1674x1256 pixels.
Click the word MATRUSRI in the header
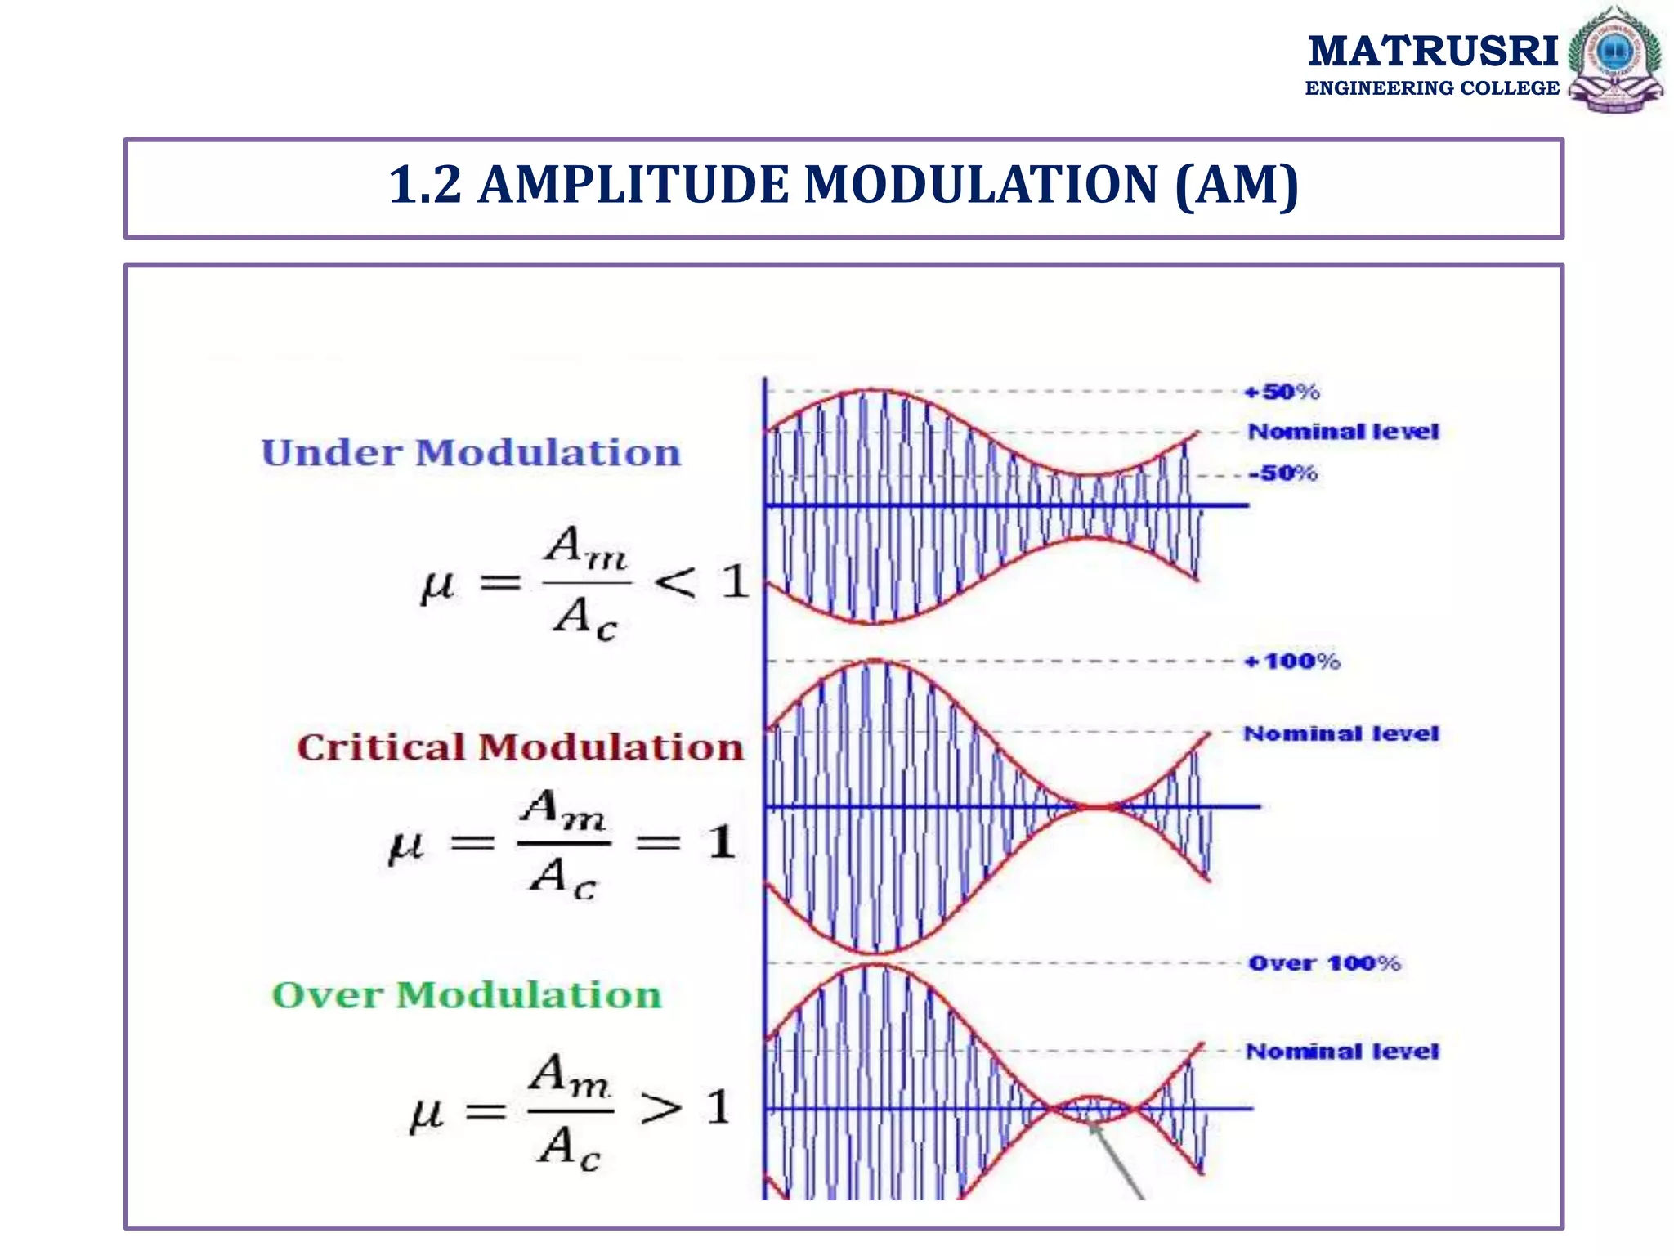click(x=1433, y=51)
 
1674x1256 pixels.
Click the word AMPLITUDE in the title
click(x=633, y=185)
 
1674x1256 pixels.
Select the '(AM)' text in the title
click(x=1236, y=186)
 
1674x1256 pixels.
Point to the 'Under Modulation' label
click(x=471, y=453)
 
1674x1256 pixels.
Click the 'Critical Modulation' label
click(x=520, y=747)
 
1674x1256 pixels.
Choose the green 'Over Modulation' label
click(x=467, y=995)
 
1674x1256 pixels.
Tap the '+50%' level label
click(x=1282, y=392)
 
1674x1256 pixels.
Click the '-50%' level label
click(x=1282, y=473)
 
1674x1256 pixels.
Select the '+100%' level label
click(x=1291, y=661)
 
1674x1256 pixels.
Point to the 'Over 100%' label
click(x=1324, y=963)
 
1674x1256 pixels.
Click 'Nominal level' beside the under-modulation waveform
click(x=1343, y=431)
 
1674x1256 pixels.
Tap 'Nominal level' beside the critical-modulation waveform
click(x=1341, y=733)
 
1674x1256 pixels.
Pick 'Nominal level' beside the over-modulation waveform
click(x=1341, y=1051)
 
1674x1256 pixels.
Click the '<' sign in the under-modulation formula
click(x=675, y=583)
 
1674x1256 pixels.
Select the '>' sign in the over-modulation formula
click(x=660, y=1109)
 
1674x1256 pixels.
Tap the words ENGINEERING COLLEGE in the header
click(x=1432, y=88)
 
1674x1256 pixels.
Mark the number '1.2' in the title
click(x=424, y=185)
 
